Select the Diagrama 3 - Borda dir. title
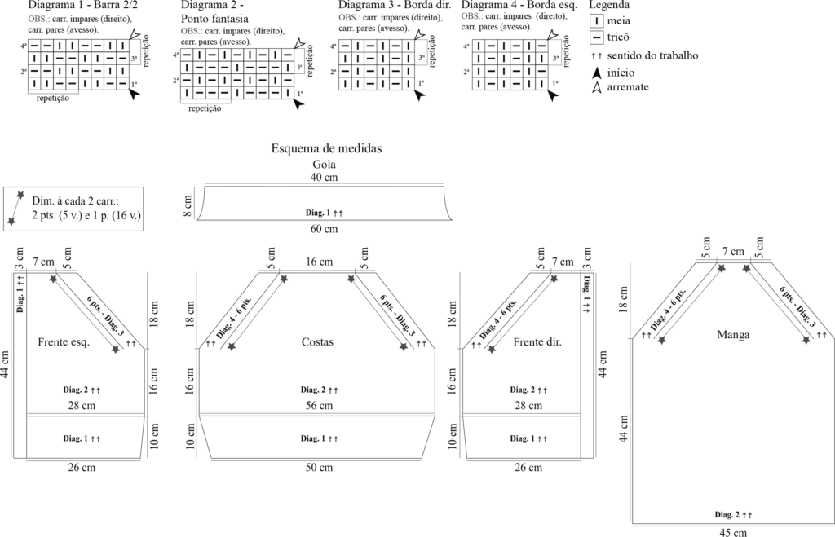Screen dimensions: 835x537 (395, 5)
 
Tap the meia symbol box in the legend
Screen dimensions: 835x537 (596, 20)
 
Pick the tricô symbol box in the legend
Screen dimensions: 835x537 (596, 37)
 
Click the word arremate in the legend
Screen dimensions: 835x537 (628, 86)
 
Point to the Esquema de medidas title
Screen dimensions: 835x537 (326, 148)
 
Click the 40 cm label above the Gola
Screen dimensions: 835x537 (324, 177)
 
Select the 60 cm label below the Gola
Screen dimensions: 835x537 (324, 229)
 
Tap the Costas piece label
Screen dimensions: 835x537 (317, 341)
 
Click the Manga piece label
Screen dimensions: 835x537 (733, 335)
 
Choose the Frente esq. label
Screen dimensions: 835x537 (64, 341)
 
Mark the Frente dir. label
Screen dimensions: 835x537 (537, 341)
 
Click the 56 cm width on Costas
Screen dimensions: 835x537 (319, 406)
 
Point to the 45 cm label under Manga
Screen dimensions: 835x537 (733, 532)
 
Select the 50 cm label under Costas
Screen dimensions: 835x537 (319, 467)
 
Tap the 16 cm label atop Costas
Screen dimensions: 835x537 (319, 262)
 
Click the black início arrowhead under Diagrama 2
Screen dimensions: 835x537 (298, 105)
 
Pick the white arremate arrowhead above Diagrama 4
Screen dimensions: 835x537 (553, 34)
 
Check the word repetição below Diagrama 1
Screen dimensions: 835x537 (53, 99)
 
